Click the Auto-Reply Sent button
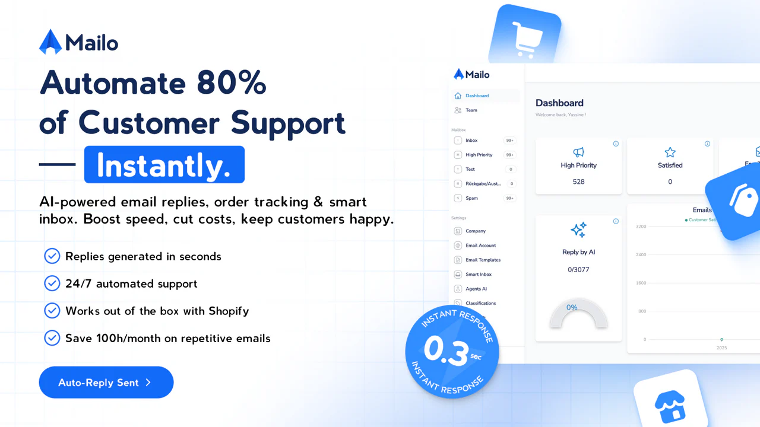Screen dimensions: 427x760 click(x=106, y=383)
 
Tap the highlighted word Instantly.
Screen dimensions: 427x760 click(x=164, y=165)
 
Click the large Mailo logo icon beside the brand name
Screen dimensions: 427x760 click(x=50, y=42)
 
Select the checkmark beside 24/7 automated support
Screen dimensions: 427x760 click(x=52, y=283)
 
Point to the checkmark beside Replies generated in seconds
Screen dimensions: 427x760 click(x=52, y=256)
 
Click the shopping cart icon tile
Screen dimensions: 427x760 click(x=524, y=37)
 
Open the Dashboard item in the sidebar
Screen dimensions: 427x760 click(x=477, y=95)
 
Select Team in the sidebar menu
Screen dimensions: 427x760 click(x=471, y=110)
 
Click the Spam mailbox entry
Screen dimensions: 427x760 click(x=471, y=198)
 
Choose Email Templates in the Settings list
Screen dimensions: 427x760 click(x=483, y=260)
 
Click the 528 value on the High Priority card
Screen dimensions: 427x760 click(x=578, y=181)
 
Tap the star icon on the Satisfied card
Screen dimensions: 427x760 click(x=670, y=152)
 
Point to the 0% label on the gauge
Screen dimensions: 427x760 click(x=572, y=307)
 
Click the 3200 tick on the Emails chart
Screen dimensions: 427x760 click(x=641, y=227)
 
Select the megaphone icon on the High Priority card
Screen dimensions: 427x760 click(x=578, y=152)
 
